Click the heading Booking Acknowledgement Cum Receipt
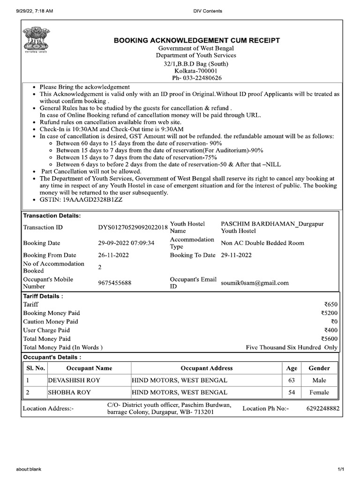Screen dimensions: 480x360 197,41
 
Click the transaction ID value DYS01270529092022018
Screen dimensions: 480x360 133,227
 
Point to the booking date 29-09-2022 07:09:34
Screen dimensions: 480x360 126,243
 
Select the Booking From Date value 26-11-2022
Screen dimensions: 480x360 113,255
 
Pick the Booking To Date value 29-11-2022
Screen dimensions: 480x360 236,255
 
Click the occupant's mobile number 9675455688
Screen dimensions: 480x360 114,283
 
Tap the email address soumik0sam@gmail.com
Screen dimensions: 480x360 255,283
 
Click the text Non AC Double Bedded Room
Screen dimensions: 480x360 262,243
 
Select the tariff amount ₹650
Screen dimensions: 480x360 330,305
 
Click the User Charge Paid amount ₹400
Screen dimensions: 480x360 330,330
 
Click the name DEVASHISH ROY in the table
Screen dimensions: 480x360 75,380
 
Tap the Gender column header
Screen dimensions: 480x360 319,368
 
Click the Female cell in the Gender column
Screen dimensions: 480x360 319,392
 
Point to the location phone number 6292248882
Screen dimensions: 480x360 322,409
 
